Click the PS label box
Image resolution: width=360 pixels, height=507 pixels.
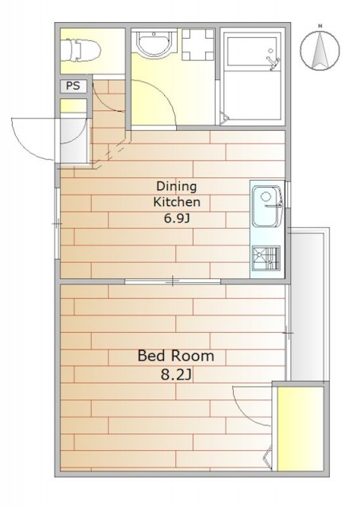coord(74,86)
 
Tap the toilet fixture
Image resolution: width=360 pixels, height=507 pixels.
coord(80,50)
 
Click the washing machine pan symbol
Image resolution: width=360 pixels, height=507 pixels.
coord(198,44)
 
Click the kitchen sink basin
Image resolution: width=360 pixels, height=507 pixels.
coord(266,206)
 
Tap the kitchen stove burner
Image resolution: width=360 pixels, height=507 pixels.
coord(266,258)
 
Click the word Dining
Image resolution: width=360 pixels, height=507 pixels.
coord(177,187)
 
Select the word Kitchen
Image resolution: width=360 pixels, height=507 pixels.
coord(177,202)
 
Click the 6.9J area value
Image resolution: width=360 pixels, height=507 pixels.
coord(177,219)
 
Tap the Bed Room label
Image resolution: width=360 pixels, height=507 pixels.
coord(176,356)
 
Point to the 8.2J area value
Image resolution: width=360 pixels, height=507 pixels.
coord(177,375)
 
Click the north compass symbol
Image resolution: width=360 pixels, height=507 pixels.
coord(320,50)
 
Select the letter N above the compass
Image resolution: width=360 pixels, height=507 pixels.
coord(320,26)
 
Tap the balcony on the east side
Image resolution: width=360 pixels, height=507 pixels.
coord(309,304)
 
